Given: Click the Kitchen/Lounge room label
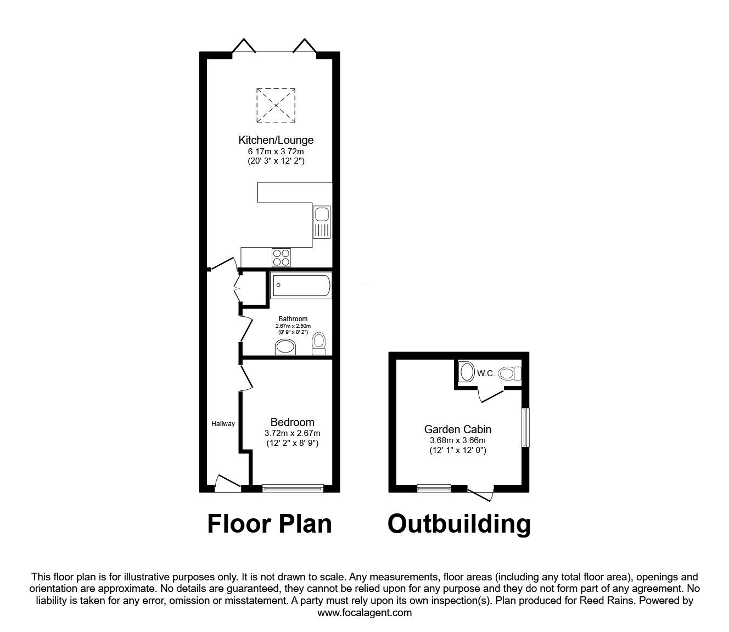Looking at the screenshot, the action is (276, 140).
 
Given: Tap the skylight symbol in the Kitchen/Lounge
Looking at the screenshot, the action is (276, 105).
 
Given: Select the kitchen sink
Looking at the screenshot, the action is (322, 222).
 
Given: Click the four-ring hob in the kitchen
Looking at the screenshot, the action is (281, 258).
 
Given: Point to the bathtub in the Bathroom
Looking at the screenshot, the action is (301, 286).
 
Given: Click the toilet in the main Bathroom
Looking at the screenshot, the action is (319, 343).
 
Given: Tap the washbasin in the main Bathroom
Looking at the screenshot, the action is (285, 347).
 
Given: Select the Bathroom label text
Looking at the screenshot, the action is (293, 319).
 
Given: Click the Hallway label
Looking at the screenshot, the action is (223, 424).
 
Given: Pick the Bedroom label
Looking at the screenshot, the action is (293, 422).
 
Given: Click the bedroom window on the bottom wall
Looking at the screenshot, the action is (293, 488).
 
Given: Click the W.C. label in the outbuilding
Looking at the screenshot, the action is (486, 373).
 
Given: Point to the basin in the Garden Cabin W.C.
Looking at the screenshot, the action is (467, 372).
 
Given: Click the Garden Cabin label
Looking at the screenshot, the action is (458, 429).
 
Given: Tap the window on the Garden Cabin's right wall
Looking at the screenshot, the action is (525, 427).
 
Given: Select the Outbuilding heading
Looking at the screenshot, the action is (459, 524).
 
